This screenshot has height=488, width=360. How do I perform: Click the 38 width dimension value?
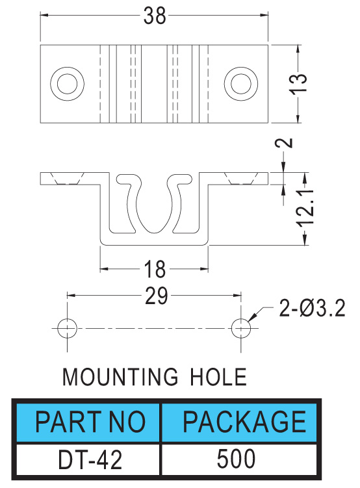155,16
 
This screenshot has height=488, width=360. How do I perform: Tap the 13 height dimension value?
298,83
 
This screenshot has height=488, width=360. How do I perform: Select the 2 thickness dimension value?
284,143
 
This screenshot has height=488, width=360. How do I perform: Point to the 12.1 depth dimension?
305,207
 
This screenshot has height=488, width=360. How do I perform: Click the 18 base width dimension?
155,270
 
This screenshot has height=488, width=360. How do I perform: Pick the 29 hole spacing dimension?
157,296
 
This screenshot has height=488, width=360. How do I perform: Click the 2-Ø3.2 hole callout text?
312,308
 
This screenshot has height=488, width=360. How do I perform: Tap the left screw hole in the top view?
67,83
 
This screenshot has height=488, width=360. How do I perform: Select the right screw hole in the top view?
241,83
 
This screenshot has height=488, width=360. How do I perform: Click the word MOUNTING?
120,377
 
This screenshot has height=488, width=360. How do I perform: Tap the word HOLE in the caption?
218,377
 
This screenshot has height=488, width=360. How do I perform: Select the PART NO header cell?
88,422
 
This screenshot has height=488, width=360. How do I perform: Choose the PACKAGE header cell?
239,422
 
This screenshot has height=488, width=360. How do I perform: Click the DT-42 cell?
88,459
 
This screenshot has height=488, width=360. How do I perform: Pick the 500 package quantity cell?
239,459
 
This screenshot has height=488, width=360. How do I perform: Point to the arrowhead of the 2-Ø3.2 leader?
250,320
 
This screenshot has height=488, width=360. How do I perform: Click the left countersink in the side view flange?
67,178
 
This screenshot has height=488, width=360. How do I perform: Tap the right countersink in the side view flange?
241,178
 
